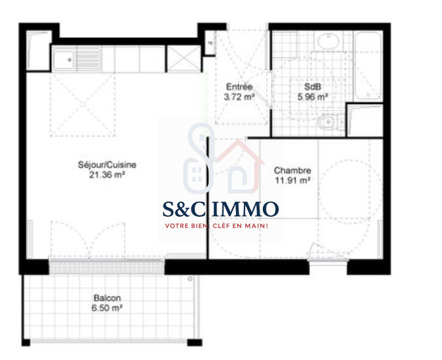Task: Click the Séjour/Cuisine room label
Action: (107, 165)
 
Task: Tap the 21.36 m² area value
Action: (107, 175)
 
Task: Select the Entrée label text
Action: (239, 86)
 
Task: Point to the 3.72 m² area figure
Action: (239, 97)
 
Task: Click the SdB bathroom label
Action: (313, 86)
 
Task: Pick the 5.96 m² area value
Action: (313, 97)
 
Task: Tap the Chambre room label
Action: (293, 171)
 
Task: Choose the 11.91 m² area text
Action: (293, 180)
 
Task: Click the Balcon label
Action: (107, 298)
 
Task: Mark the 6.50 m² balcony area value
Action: (107, 308)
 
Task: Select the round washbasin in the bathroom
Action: (328, 41)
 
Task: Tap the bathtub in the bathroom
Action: (368, 66)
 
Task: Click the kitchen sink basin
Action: (63, 59)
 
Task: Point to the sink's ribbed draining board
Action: (88, 59)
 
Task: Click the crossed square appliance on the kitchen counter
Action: (184, 59)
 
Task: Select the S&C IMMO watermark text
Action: (221, 209)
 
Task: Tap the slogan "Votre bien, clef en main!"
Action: (216, 225)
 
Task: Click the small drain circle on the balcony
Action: (190, 279)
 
